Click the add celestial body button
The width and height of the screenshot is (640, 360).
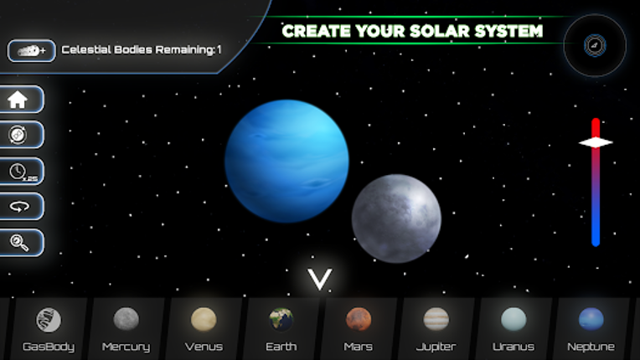[31, 50]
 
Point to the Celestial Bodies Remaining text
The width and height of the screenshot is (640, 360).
[141, 50]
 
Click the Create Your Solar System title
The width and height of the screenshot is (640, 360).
[412, 32]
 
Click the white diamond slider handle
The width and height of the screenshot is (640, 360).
[596, 142]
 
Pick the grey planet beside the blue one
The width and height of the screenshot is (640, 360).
[396, 219]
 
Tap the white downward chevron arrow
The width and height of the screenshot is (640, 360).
[319, 280]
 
